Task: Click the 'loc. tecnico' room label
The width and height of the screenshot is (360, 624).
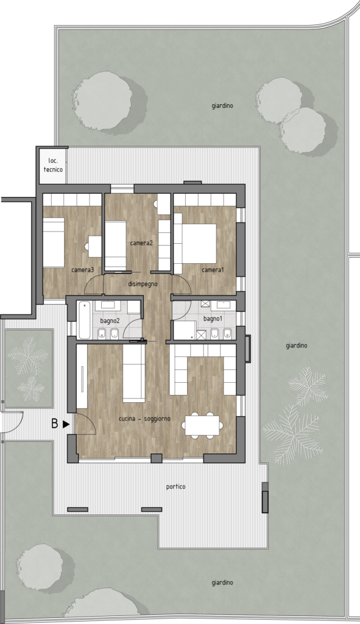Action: pos(54,165)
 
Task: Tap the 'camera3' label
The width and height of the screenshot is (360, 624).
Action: pos(83,270)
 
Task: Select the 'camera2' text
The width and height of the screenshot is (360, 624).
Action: pos(141,243)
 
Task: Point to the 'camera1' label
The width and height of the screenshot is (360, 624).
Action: pos(213,270)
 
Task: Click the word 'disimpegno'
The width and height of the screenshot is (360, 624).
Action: pos(143,284)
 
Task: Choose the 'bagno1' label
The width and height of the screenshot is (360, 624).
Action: pos(213,319)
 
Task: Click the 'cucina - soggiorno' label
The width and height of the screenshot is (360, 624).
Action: pos(145,419)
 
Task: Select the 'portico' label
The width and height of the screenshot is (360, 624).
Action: pos(176,487)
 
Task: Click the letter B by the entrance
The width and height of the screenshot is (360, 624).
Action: pos(55,424)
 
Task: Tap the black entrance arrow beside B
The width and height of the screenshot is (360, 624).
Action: pos(66,424)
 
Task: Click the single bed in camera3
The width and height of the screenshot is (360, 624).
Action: pos(54,243)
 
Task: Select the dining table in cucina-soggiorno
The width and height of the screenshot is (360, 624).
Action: pos(202,425)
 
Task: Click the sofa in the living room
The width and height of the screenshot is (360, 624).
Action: pos(133,373)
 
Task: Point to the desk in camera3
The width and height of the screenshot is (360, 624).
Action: pos(95,246)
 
